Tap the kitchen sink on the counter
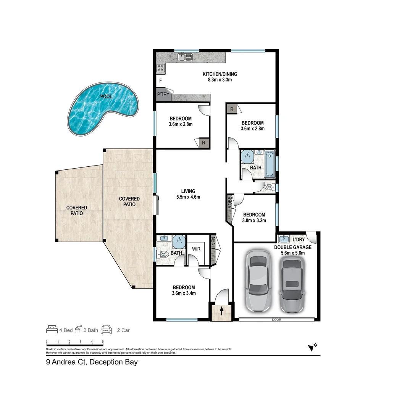pyautogui.click(x=185, y=58)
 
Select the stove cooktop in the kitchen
pyautogui.click(x=161, y=68)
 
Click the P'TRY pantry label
pyautogui.click(x=163, y=95)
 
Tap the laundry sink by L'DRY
pyautogui.click(x=284, y=239)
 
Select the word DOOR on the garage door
pyautogui.click(x=277, y=320)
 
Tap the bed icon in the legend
pyautogui.click(x=52, y=330)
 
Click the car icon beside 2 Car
pyautogui.click(x=107, y=330)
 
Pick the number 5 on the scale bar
pyautogui.click(x=103, y=341)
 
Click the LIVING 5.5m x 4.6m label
pyautogui.click(x=188, y=194)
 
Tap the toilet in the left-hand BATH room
pyautogui.click(x=163, y=254)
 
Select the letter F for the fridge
pyautogui.click(x=160, y=81)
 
